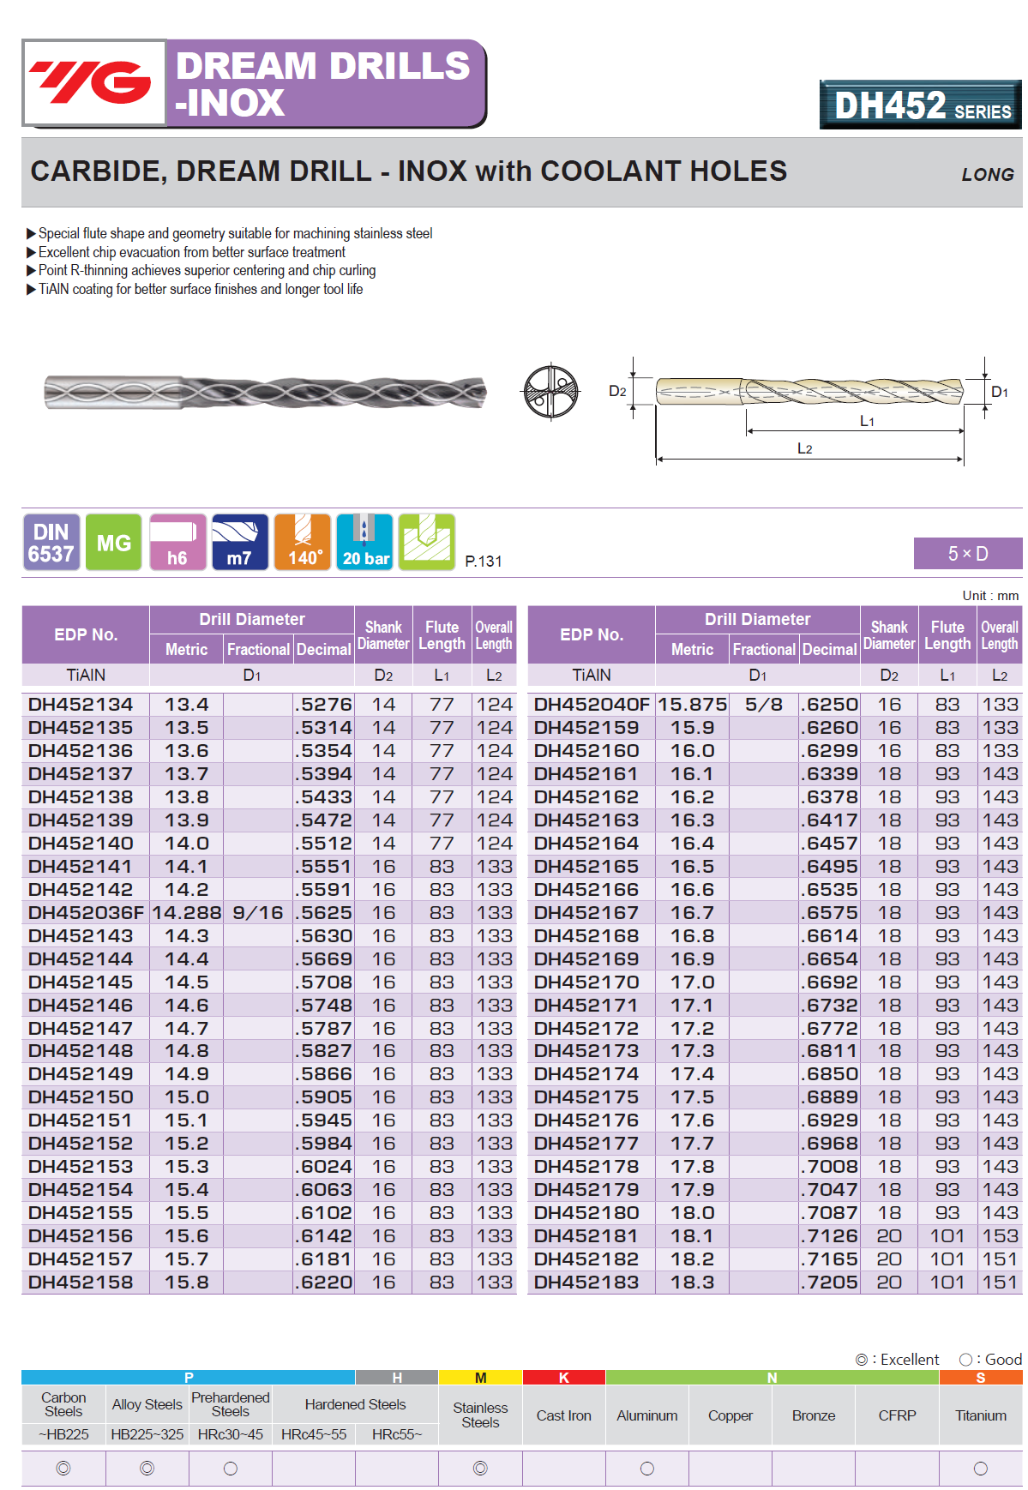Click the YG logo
click(x=93, y=83)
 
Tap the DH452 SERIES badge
click(x=920, y=105)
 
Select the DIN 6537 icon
click(x=51, y=543)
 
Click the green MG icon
click(x=114, y=543)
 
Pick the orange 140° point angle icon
click(x=303, y=543)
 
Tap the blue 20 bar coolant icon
click(x=365, y=543)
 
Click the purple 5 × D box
click(x=967, y=554)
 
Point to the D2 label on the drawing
click(x=617, y=392)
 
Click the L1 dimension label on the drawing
click(x=867, y=422)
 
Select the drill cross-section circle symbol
click(x=550, y=392)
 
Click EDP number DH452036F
click(x=86, y=913)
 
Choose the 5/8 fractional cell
click(x=764, y=705)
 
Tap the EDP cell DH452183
click(x=586, y=1283)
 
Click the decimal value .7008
click(x=830, y=1167)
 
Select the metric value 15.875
click(x=692, y=705)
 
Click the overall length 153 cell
click(x=1000, y=1236)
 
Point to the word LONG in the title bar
click(x=988, y=175)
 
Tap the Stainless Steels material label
click(x=480, y=1415)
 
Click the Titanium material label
click(x=981, y=1415)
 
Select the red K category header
click(x=563, y=1378)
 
